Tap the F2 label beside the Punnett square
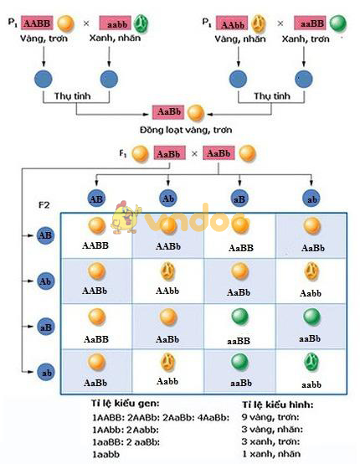(x=46, y=204)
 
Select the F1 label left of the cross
(x=123, y=153)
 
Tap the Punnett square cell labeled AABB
(x=96, y=235)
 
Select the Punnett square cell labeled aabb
(x=311, y=370)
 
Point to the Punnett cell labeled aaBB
(x=239, y=325)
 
